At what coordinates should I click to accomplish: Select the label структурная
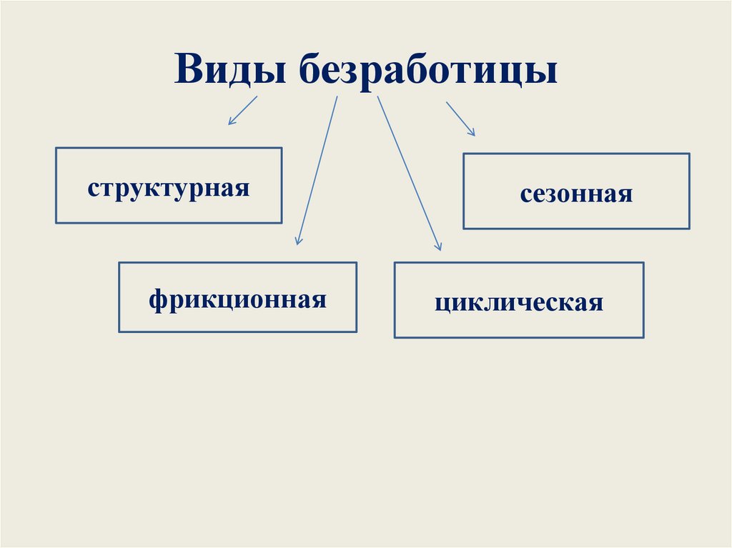tap(169, 189)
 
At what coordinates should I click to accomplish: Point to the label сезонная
tap(576, 194)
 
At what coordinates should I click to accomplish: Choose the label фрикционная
tap(238, 298)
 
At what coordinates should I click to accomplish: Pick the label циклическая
tap(518, 302)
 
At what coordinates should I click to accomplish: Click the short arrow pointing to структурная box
tap(242, 110)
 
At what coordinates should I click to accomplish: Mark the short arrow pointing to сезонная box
tap(460, 118)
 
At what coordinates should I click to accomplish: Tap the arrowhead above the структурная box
tap(230, 122)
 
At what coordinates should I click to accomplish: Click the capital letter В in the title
tap(187, 71)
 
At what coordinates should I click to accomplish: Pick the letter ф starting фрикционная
tap(157, 299)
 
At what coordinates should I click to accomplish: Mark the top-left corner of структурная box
tap(56, 148)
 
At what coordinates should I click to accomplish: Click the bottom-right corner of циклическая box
tap(643, 337)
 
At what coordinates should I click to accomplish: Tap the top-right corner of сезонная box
tap(689, 153)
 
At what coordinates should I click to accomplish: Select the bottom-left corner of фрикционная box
tap(119, 332)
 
